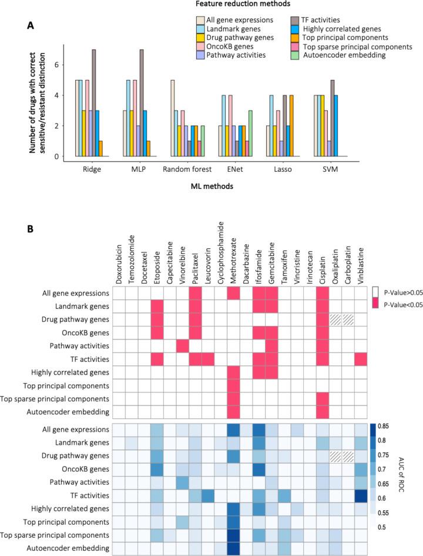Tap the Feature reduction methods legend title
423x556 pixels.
260,5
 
